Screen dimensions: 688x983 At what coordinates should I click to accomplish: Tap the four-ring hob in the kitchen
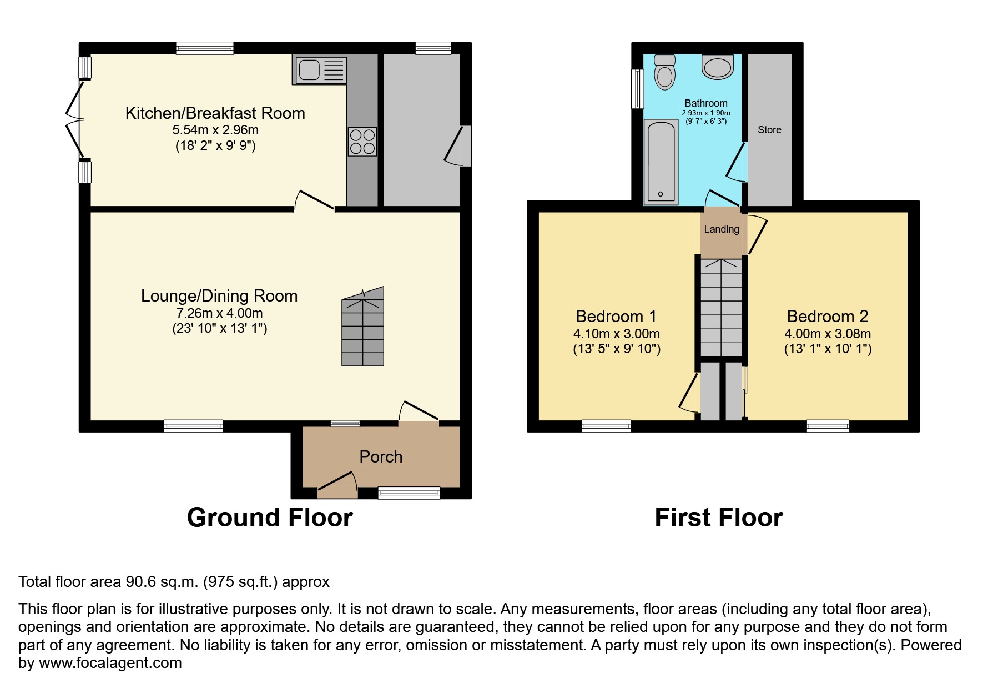[x=362, y=142]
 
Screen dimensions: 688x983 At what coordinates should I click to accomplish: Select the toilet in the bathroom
[x=664, y=73]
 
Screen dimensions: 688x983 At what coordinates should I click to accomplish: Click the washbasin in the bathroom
[x=718, y=67]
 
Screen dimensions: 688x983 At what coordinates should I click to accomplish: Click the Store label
[x=769, y=130]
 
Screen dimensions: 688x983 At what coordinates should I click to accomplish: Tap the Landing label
[x=722, y=229]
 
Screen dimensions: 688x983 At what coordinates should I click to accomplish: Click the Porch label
[x=381, y=457]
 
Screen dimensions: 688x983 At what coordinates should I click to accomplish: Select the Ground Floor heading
[x=270, y=518]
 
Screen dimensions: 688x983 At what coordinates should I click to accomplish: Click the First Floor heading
[x=718, y=518]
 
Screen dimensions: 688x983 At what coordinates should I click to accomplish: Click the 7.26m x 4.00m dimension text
[x=219, y=313]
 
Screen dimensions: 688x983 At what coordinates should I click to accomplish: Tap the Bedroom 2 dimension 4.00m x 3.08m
[x=827, y=334]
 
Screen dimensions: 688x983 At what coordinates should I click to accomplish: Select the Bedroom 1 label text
[x=616, y=317]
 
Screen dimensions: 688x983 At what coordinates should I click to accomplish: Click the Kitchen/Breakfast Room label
[x=215, y=113]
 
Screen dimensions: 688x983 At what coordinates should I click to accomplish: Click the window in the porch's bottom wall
[x=409, y=493]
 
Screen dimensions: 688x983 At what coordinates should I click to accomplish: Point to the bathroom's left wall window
[x=638, y=89]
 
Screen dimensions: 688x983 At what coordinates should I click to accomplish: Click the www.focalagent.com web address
[x=110, y=663]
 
